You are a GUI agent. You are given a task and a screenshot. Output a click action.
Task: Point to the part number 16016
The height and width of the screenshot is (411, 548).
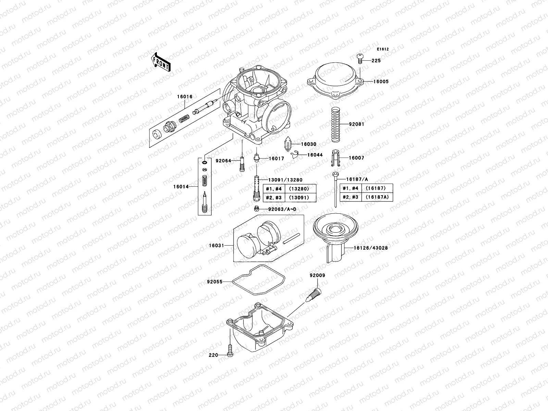tap(185, 97)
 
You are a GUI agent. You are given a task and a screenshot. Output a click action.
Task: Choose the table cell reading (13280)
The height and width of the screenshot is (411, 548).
tap(299, 189)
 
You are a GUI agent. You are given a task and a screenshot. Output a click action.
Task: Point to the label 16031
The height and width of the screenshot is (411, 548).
tap(216, 245)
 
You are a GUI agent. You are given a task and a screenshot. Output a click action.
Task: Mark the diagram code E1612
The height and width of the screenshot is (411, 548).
tap(383, 49)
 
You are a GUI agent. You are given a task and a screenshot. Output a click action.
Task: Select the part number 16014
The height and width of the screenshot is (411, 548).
tap(180, 187)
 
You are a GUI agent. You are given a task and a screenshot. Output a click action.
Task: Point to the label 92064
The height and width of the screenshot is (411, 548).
tap(223, 161)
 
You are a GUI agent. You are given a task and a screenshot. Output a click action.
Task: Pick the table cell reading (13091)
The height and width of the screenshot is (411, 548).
tap(299, 198)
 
